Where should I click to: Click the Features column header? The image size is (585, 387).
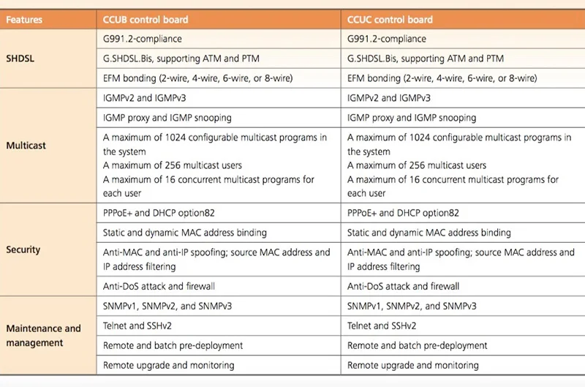tap(24, 20)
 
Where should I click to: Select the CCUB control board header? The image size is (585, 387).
tap(146, 20)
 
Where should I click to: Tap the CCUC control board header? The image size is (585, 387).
tap(390, 20)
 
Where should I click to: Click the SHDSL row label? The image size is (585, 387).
tap(20, 59)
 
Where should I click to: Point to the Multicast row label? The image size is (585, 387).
tap(26, 146)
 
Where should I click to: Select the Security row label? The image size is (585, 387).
tap(23, 249)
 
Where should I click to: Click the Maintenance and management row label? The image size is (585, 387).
tap(43, 336)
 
